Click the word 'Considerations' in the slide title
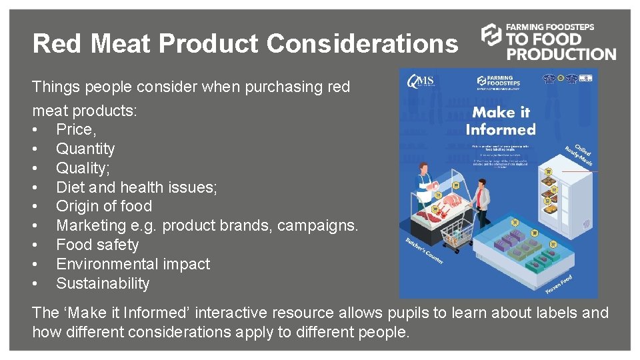point(363,44)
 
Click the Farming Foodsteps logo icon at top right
point(491,35)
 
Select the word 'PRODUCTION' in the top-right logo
point(561,54)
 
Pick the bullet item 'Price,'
point(76,129)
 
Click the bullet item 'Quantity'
point(85,149)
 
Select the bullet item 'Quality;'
point(83,168)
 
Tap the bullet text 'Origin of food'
point(104,206)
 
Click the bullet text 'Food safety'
point(97,245)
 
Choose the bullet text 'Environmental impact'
point(133,264)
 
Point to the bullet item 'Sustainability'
point(103,283)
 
